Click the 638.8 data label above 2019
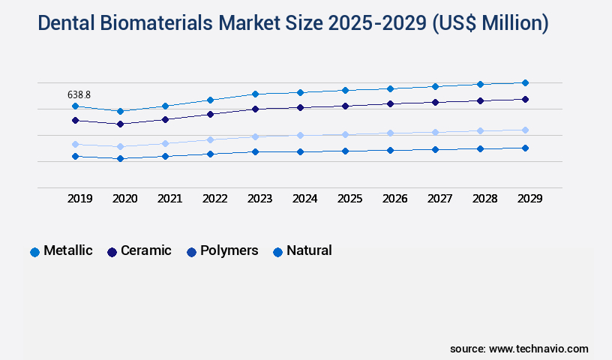point(79,94)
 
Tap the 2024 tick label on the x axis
point(304,199)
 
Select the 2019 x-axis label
point(79,199)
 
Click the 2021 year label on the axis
point(169,199)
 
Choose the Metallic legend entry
point(67,250)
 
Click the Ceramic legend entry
point(145,250)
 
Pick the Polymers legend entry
point(229,250)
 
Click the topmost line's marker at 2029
point(525,82)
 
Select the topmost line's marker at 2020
point(120,111)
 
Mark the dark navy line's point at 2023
point(255,109)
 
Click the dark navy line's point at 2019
point(75,120)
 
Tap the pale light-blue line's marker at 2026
point(390,133)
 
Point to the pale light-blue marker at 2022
point(210,139)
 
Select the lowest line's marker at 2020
point(120,158)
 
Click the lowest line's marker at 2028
point(480,148)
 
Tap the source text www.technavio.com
point(538,349)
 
